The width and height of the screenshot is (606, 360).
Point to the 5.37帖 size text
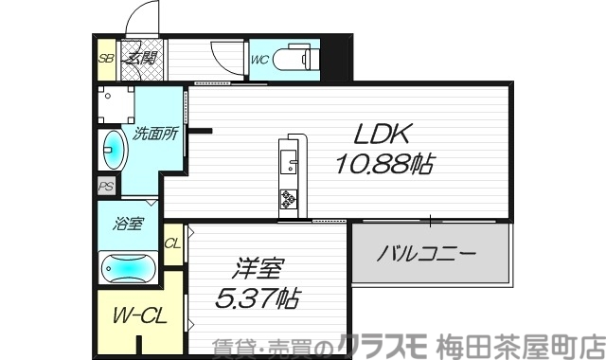(258, 299)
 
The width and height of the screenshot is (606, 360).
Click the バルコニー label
(425, 254)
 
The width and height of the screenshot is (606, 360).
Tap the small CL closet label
(172, 243)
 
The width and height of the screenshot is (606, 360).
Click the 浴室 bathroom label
(128, 225)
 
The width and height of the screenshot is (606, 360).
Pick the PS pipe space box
(106, 187)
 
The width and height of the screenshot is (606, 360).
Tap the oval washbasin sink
(114, 150)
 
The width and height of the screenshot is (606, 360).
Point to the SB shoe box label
(106, 58)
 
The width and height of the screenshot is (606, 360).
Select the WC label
(261, 59)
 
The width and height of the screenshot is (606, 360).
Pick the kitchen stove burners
(288, 200)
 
